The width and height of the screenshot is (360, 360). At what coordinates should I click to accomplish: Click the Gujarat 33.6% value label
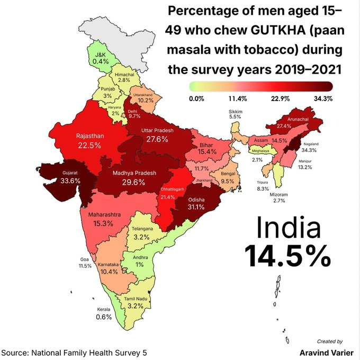(x=70, y=181)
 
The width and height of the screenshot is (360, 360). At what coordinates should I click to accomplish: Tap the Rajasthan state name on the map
(x=89, y=136)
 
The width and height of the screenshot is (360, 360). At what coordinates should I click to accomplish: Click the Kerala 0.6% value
(x=104, y=317)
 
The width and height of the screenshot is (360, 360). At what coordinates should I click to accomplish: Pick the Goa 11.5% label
(x=85, y=266)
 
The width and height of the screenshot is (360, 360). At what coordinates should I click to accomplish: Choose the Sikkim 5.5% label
(x=236, y=116)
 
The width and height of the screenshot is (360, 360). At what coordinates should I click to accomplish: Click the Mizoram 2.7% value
(x=280, y=201)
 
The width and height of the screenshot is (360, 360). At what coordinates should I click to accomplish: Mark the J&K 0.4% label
(x=101, y=61)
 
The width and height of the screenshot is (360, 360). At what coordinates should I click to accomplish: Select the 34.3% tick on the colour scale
(x=322, y=98)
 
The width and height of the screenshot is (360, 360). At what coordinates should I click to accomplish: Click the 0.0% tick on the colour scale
(x=196, y=98)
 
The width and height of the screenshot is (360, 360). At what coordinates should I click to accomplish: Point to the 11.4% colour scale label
(x=238, y=98)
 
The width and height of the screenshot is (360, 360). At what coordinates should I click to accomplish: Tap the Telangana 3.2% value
(x=141, y=237)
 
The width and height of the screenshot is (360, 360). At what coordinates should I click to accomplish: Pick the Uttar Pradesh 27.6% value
(x=157, y=139)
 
